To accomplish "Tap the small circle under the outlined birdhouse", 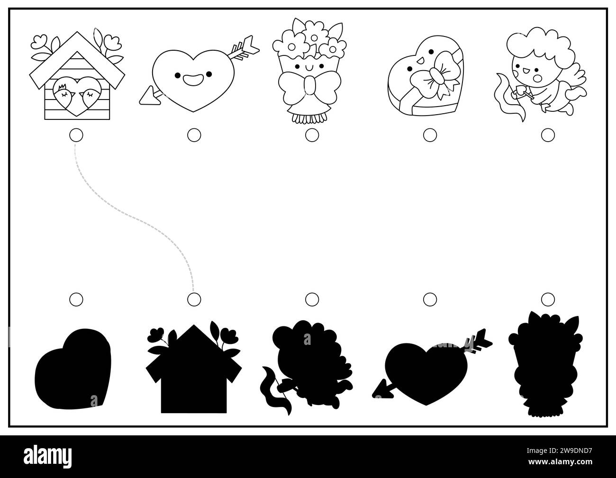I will (75, 135).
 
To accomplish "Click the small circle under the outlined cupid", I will (548, 135).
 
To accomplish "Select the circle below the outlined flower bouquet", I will (312, 135).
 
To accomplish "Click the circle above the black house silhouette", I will (193, 299).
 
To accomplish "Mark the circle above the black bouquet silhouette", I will (548, 299).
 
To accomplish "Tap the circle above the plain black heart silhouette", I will (76, 299).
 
